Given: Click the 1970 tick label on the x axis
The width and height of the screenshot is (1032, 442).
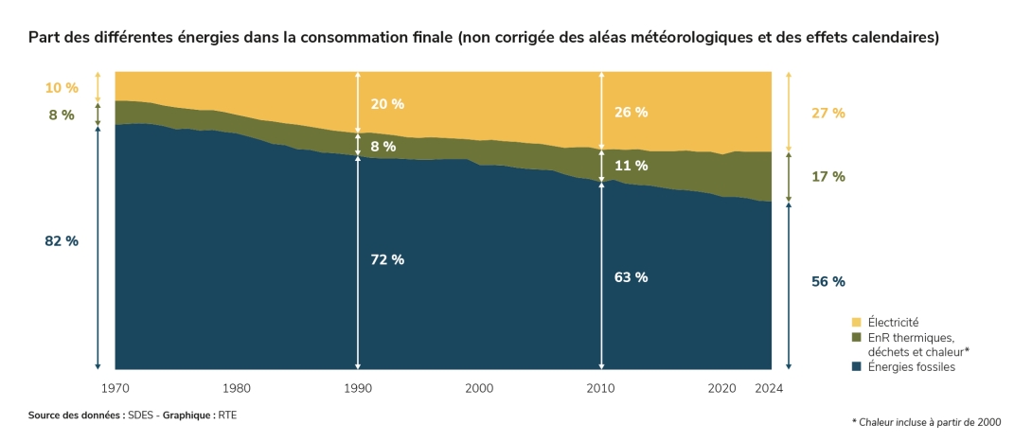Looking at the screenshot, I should pyautogui.click(x=116, y=388).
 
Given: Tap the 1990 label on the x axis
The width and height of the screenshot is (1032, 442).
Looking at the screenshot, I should pyautogui.click(x=358, y=388).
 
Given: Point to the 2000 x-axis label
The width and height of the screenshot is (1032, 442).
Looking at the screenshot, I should pyautogui.click(x=479, y=388).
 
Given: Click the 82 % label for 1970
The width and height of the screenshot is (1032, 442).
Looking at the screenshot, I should pyautogui.click(x=62, y=241).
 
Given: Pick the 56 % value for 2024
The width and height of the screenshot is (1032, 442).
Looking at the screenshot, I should pyautogui.click(x=828, y=281).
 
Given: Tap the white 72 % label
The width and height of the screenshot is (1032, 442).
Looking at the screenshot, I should pyautogui.click(x=387, y=259).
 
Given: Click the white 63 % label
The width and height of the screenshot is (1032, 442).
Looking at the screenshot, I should pyautogui.click(x=631, y=277).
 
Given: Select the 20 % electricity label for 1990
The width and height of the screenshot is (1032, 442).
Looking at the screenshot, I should pyautogui.click(x=387, y=104).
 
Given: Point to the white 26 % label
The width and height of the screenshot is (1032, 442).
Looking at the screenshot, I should pyautogui.click(x=631, y=112).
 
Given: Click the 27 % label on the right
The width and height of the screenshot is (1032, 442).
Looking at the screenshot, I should pyautogui.click(x=828, y=114).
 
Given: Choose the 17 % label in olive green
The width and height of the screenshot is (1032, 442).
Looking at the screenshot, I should pyautogui.click(x=828, y=177).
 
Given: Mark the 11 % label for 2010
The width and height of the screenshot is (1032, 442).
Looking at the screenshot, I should pyautogui.click(x=631, y=166).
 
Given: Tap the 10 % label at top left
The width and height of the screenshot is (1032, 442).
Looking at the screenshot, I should pyautogui.click(x=62, y=88).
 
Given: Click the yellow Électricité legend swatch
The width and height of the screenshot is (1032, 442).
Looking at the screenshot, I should pyautogui.click(x=856, y=323).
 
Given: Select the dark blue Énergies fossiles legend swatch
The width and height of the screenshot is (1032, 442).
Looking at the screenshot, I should pyautogui.click(x=856, y=366).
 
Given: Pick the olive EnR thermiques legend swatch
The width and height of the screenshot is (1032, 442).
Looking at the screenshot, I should pyautogui.click(x=856, y=337).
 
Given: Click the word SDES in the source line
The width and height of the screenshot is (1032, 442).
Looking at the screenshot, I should pyautogui.click(x=142, y=415).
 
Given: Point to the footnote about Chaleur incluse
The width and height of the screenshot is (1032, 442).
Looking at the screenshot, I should pyautogui.click(x=925, y=422).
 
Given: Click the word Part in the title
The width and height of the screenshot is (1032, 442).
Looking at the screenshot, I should pyautogui.click(x=43, y=38).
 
